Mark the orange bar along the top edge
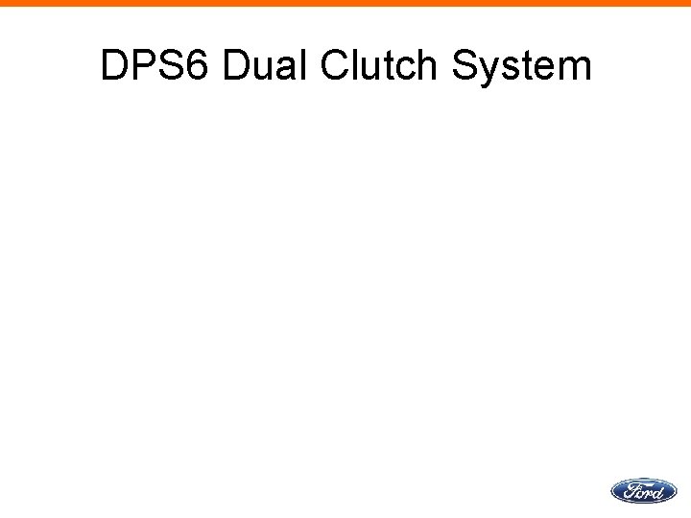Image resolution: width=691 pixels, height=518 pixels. click(345, 3)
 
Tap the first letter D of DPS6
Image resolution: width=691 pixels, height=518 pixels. click(115, 66)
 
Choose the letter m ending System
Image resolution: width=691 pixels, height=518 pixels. click(574, 69)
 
